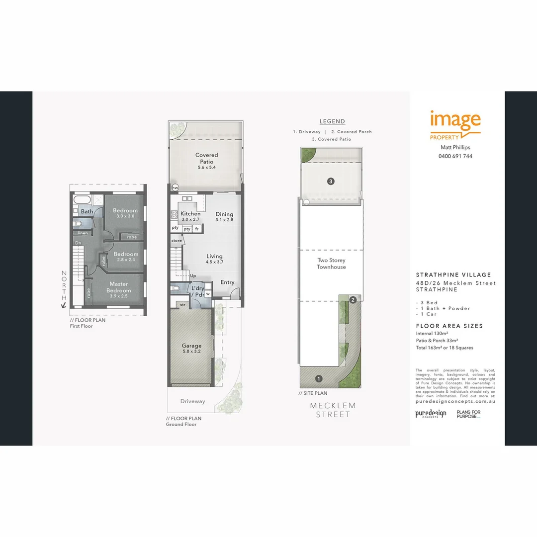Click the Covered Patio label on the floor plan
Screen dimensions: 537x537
206,158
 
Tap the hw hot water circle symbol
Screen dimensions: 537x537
175,188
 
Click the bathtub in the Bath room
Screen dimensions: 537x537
82,200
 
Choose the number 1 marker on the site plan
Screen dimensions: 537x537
319,378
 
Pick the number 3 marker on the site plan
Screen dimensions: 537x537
331,181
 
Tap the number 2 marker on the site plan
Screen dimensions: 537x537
353,300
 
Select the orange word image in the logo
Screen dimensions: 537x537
455,121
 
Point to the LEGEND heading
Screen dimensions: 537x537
332,121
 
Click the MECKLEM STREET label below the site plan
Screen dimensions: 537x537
333,410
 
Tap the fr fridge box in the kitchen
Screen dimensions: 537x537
197,229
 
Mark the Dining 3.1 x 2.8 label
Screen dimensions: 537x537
224,217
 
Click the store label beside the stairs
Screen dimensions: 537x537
177,241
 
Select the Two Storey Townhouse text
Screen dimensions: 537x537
331,264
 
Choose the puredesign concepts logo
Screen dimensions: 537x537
431,414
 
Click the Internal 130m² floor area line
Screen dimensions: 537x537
433,333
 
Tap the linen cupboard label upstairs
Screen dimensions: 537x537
83,233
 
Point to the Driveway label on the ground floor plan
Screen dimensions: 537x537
192,401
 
